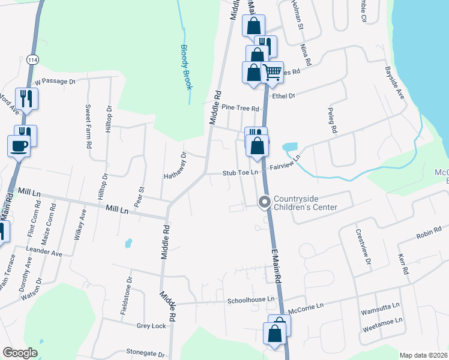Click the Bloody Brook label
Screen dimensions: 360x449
pyautogui.click(x=187, y=67)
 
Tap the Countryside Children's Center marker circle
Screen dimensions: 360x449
pyautogui.click(x=264, y=203)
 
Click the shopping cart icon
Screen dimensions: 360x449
pyautogui.click(x=273, y=72)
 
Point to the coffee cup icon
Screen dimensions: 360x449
pyautogui.click(x=19, y=145)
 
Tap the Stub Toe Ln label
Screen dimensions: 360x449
pyautogui.click(x=240, y=173)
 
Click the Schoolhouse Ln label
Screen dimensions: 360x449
pyautogui.click(x=250, y=299)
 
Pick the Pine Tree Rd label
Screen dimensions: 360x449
pyautogui.click(x=240, y=109)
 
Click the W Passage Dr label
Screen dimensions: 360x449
pyautogui.click(x=55, y=80)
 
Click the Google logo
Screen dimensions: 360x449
pyautogui.click(x=20, y=353)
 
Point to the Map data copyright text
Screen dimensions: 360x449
pyautogui.click(x=423, y=355)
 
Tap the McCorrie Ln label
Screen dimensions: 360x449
pyautogui.click(x=306, y=307)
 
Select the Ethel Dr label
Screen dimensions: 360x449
pyautogui.click(x=283, y=95)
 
